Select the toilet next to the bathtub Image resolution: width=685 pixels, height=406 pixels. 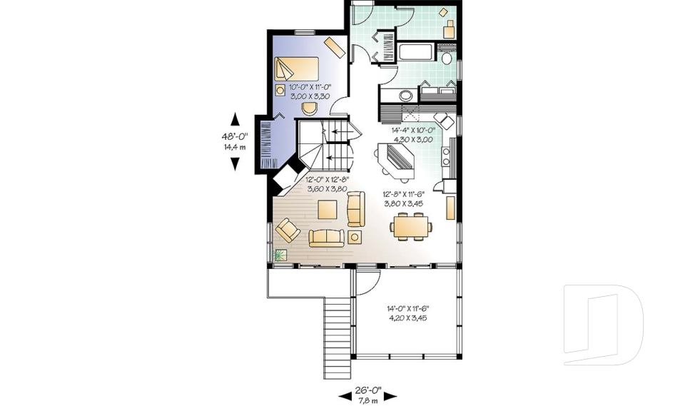[447, 57]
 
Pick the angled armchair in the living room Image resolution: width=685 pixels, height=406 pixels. [288, 230]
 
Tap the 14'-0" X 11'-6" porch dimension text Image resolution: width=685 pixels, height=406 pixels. [407, 313]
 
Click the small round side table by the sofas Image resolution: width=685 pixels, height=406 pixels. [355, 237]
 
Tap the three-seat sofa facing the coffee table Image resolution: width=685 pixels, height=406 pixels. [326, 238]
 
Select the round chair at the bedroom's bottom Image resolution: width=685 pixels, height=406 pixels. [310, 108]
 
